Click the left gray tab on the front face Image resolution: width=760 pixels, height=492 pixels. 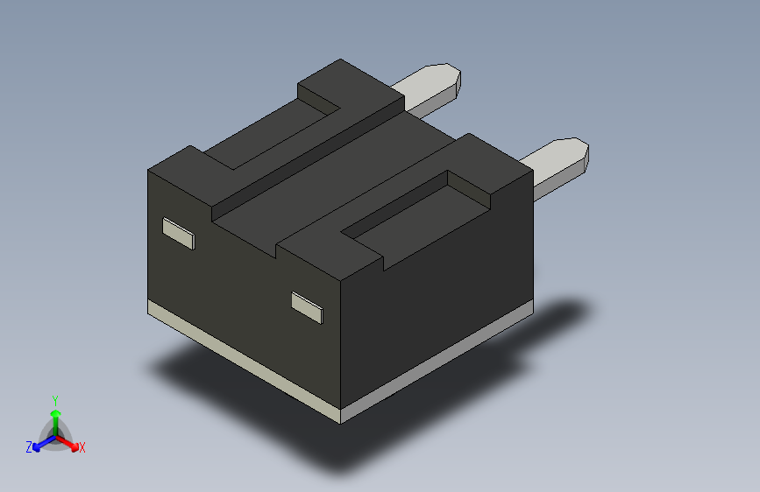[x=179, y=234]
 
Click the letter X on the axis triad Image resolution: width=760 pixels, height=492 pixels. [x=82, y=447]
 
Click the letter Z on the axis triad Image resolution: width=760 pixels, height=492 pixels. [x=29, y=446]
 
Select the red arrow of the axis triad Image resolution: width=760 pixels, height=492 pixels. [x=69, y=441]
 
